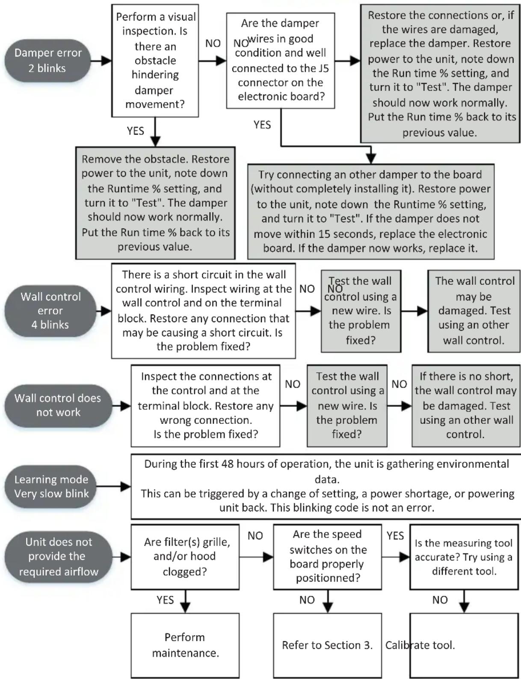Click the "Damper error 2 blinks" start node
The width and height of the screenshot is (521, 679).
(47, 61)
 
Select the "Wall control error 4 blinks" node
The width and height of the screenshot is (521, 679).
(50, 311)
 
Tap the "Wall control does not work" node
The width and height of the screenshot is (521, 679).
(58, 406)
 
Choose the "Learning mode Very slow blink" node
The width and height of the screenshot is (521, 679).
(50, 486)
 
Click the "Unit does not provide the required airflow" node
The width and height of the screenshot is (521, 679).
(58, 556)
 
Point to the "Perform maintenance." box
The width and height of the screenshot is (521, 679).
(185, 645)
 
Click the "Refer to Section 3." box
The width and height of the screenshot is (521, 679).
(327, 645)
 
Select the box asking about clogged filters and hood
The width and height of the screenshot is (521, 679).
(185, 556)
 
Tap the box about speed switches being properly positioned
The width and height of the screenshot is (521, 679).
(327, 556)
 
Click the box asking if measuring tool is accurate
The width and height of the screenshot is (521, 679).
(464, 556)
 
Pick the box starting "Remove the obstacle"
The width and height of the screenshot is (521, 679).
(155, 203)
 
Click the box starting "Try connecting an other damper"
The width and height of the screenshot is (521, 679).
(371, 212)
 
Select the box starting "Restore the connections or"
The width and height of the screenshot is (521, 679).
(440, 74)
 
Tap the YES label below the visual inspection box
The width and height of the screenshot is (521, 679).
(136, 131)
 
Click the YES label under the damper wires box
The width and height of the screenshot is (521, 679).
(262, 125)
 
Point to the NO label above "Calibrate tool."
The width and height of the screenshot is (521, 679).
(440, 600)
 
